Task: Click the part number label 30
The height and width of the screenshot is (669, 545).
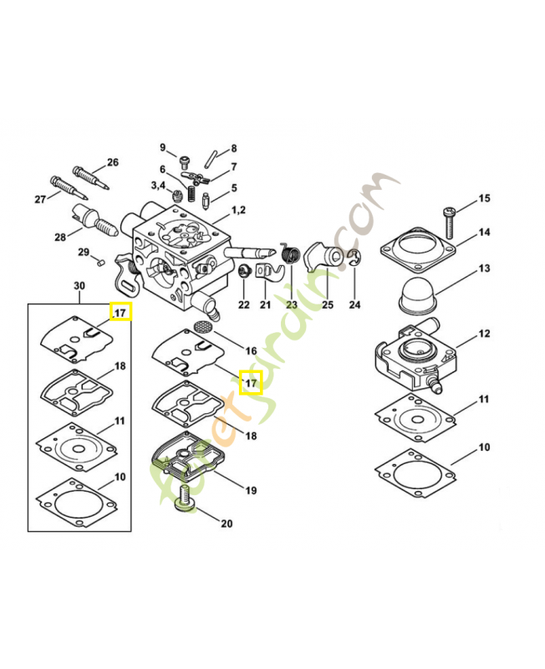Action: tap(79, 286)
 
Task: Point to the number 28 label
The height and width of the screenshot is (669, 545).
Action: tap(60, 237)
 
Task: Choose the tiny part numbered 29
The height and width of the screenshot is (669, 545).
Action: tap(97, 262)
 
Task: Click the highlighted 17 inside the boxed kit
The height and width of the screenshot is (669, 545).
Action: tap(120, 313)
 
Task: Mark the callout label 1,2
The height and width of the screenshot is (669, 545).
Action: tap(238, 209)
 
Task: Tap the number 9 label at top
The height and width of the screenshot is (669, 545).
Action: tap(163, 147)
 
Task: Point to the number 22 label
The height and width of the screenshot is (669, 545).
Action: tap(243, 304)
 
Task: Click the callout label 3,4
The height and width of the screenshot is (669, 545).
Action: tap(159, 185)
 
